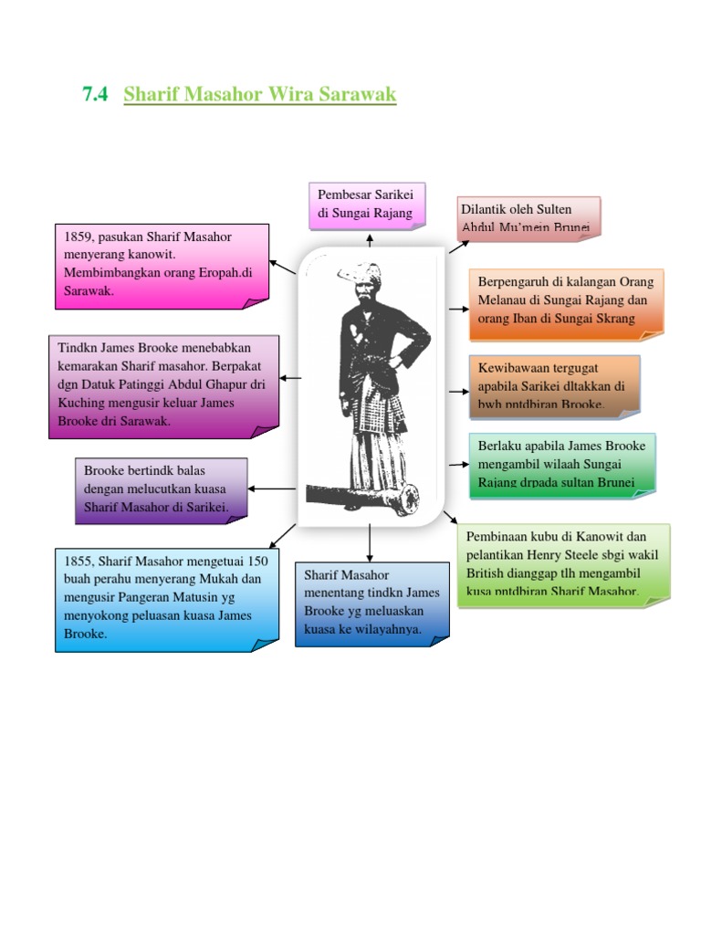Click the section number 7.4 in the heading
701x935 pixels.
coord(95,94)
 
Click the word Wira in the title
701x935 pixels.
coord(289,94)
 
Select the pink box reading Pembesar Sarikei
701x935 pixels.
coord(365,205)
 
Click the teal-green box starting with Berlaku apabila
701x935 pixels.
coord(560,464)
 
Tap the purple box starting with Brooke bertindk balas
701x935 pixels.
coord(161,489)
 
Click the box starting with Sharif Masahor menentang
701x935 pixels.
coord(371,603)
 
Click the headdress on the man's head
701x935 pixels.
coord(359,273)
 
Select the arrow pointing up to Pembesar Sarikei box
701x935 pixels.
coord(370,239)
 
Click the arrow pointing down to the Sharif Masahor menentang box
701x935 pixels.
coord(370,544)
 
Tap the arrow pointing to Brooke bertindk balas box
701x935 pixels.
coord(271,489)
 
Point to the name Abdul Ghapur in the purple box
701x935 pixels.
coord(211,385)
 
